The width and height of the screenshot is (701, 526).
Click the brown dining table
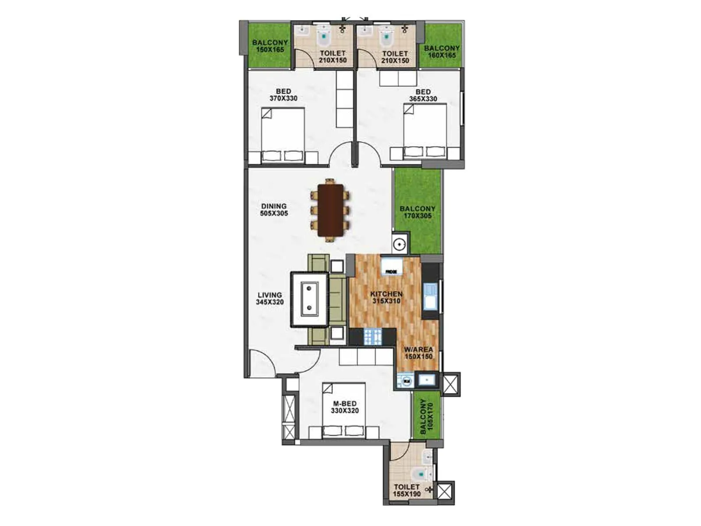[331, 210]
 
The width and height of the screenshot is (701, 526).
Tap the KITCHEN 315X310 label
[386, 297]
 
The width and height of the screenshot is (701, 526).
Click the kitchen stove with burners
[373, 336]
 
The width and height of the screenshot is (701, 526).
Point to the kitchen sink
[429, 296]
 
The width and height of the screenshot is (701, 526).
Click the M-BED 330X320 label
[345, 407]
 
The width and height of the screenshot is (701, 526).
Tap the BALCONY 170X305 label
[418, 212]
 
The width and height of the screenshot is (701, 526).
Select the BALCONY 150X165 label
[270, 46]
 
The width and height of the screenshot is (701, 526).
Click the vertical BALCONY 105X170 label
[426, 416]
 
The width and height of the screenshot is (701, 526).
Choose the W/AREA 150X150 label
[418, 353]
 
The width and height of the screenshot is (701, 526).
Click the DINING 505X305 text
[274, 210]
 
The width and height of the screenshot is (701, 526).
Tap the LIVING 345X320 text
[269, 299]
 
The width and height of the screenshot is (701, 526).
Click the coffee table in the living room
[310, 299]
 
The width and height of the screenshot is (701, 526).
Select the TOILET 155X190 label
[407, 490]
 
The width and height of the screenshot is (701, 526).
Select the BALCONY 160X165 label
[442, 52]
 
